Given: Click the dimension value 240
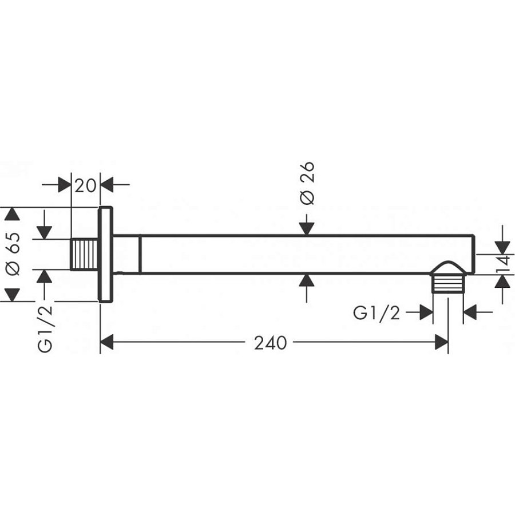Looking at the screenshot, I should pos(270,343).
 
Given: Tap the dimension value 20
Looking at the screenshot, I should pos(85,185).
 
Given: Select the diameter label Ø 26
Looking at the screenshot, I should pos(307,183).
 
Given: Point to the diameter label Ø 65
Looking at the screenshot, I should pos(15,253).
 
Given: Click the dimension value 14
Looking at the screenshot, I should pos(503,263).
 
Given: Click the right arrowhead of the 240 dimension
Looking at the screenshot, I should pos(441,343).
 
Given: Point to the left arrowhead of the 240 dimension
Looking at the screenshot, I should pos(108,343).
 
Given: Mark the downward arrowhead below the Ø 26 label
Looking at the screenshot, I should pos(307,227).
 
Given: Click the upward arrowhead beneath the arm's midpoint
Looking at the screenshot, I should pos(307,280).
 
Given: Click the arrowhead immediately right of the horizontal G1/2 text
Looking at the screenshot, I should pos(426,312).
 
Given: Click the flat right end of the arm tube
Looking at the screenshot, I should pos(474,253).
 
